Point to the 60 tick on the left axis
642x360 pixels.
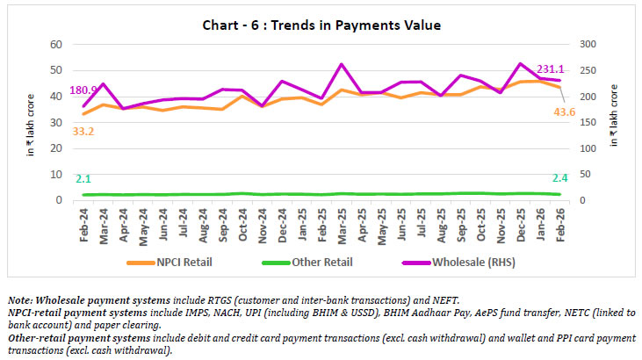pos(55,45)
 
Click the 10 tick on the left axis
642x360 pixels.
pos(55,175)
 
